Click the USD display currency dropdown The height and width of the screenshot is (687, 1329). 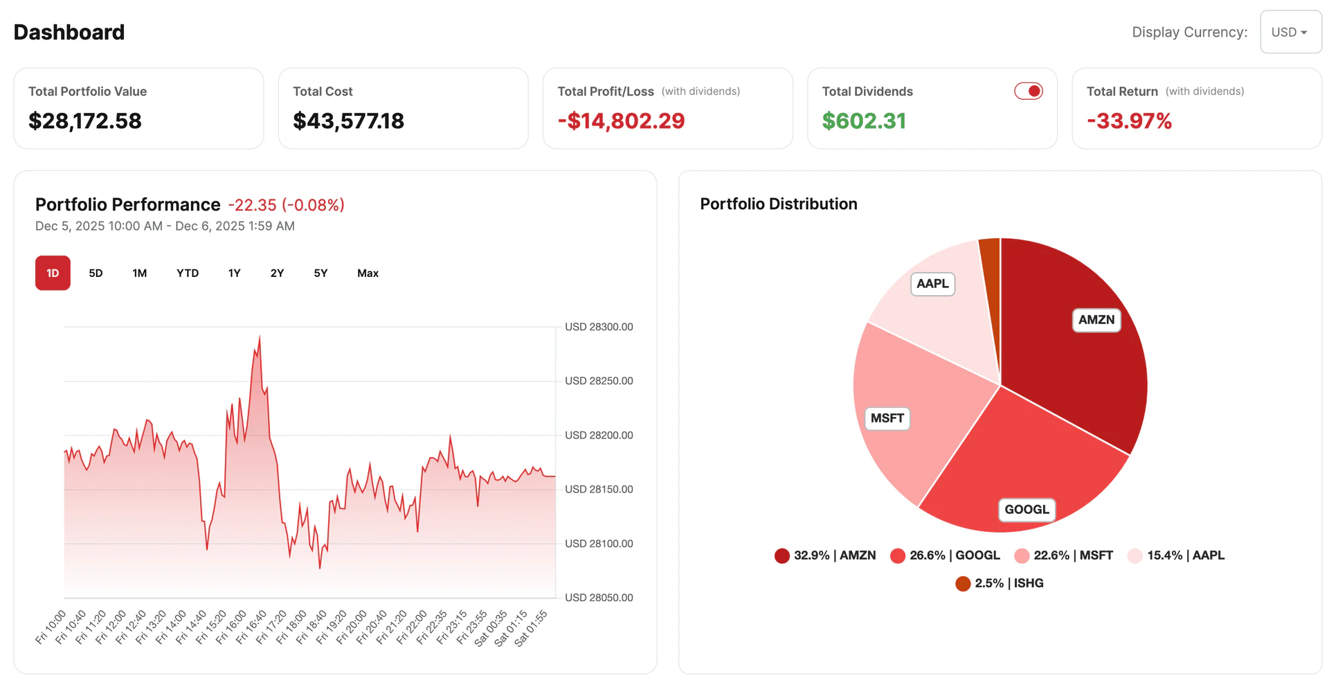[x=1290, y=32]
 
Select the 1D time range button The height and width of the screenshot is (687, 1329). [x=53, y=273]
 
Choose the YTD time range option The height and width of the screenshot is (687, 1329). [x=187, y=273]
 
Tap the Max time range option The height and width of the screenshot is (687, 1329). [x=368, y=273]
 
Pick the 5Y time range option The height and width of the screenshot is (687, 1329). [x=320, y=273]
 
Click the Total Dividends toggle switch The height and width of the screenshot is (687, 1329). [x=1029, y=91]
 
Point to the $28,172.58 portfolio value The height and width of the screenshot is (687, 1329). [x=85, y=121]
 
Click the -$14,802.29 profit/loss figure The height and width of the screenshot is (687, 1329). [x=621, y=121]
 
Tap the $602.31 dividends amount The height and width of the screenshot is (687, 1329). [x=864, y=121]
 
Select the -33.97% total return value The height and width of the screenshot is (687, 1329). [x=1129, y=121]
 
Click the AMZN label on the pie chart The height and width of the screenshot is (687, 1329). [x=1096, y=320]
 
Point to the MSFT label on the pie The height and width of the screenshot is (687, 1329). [x=887, y=418]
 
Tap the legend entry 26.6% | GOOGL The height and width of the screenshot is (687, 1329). [x=946, y=555]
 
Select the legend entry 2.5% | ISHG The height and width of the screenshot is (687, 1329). [x=1000, y=583]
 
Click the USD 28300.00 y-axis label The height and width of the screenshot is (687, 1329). [x=599, y=327]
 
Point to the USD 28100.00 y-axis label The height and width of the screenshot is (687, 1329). [x=599, y=544]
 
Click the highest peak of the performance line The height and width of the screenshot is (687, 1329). [x=260, y=337]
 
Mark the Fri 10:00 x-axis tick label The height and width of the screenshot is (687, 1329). [x=51, y=627]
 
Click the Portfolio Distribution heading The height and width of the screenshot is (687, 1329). [x=778, y=204]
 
